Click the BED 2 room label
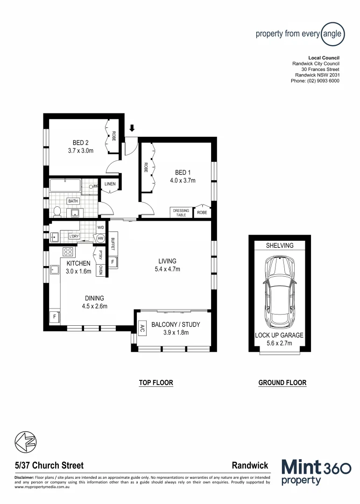[80, 142]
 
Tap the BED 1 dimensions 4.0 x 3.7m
[182, 180]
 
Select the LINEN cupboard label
[110, 184]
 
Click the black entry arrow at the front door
[132, 127]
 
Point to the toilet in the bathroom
[57, 212]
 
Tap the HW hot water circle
[100, 238]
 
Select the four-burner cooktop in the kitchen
[68, 252]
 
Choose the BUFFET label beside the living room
[113, 244]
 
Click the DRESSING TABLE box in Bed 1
[181, 212]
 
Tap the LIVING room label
[167, 261]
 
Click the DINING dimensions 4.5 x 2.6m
[94, 307]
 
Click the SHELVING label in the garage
[280, 245]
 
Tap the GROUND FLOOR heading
[282, 383]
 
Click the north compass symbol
[26, 441]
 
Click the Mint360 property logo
[316, 472]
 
